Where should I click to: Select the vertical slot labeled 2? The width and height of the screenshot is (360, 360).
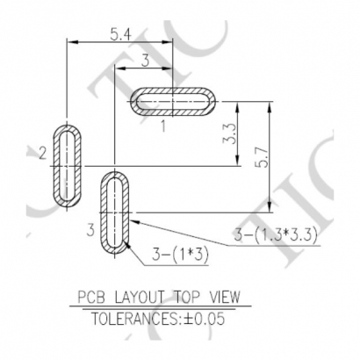68,165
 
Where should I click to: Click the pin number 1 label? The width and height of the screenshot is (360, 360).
163,126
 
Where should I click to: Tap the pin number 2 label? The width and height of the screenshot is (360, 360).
42,155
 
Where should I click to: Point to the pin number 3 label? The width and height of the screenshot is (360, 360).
90,230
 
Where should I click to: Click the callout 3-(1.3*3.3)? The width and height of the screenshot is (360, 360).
275,234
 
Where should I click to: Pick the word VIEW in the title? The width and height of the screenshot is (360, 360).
223,298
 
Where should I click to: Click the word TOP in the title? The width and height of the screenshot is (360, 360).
185,298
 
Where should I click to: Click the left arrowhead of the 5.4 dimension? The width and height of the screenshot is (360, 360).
71,40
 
